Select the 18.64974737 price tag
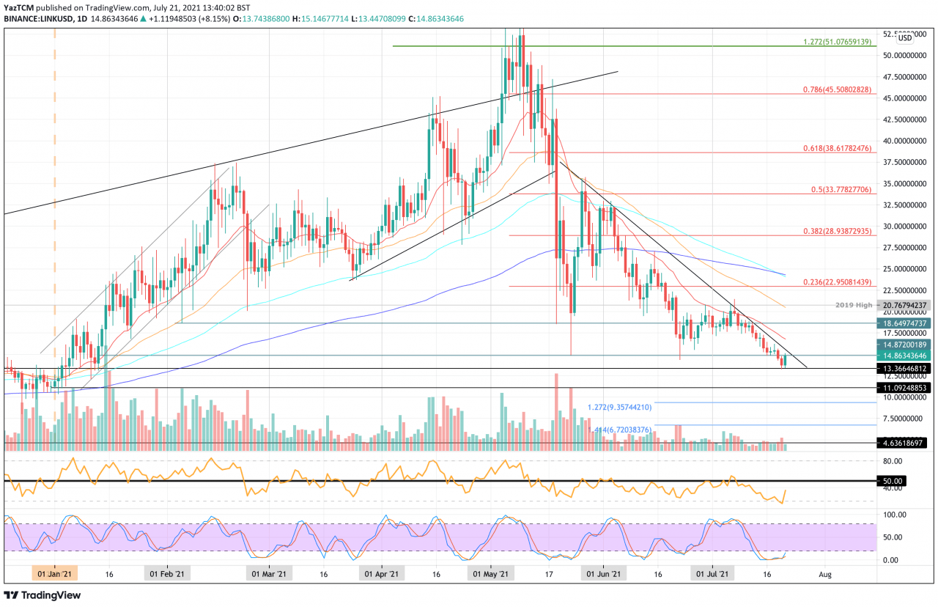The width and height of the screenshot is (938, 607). [906, 323]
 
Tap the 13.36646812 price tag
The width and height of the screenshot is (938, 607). [906, 368]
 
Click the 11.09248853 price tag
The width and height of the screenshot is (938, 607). [906, 387]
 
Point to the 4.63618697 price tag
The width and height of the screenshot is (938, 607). [906, 443]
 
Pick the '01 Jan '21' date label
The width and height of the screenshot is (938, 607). [54, 575]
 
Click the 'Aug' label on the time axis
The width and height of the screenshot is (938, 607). [826, 575]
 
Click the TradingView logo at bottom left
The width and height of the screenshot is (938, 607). [43, 595]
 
